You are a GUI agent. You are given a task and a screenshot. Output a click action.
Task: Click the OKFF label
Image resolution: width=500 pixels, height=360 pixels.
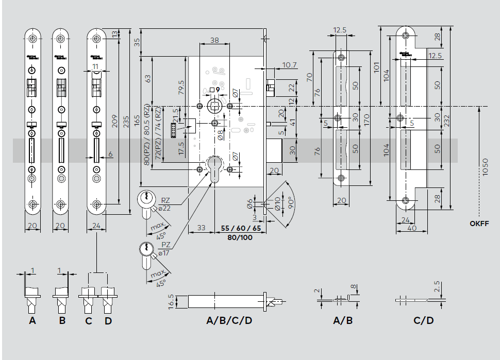pyautogui.click(x=479, y=224)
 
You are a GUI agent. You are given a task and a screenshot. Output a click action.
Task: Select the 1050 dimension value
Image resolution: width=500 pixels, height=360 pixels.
pyautogui.click(x=485, y=167)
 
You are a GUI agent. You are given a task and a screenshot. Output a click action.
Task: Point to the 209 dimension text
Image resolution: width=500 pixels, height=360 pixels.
pyautogui.click(x=114, y=120)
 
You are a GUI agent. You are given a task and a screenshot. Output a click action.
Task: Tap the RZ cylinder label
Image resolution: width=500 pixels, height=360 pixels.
pyautogui.click(x=166, y=200)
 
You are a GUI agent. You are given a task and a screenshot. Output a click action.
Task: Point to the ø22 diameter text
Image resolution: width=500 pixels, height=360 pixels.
pyautogui.click(x=164, y=208)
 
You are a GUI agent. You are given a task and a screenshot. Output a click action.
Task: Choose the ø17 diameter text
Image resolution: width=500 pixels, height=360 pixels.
pyautogui.click(x=164, y=253)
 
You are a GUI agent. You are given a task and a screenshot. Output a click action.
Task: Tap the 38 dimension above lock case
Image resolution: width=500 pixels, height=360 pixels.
pyautogui.click(x=215, y=40)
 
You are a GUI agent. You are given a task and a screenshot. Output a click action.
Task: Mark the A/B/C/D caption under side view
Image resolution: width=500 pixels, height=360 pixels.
pyautogui.click(x=229, y=321)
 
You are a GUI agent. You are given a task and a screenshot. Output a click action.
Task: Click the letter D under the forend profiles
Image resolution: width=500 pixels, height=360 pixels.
pyautogui.click(x=108, y=321)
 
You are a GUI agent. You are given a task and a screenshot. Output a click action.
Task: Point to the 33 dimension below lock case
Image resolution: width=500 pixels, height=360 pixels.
pyautogui.click(x=201, y=227)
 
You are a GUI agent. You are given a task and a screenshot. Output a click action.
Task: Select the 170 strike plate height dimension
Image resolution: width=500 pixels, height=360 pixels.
pyautogui.click(x=366, y=119)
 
